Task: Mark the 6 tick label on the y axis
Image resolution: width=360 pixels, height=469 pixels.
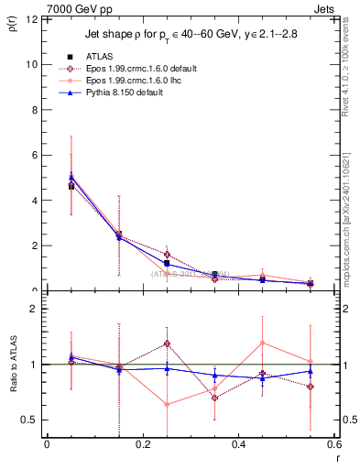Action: [34, 155]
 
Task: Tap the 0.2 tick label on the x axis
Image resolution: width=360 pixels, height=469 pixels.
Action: [143, 444]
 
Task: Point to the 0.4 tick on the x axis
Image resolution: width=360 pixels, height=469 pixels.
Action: [238, 444]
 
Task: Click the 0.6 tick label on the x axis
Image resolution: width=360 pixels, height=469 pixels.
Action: [333, 444]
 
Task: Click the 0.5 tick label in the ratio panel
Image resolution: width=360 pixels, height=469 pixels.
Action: [30, 420]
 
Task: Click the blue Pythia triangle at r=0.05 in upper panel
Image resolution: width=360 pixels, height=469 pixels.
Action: [71, 178]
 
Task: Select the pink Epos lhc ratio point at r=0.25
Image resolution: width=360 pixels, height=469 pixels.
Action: [167, 404]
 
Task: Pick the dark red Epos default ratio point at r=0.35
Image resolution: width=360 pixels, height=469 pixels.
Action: [214, 398]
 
